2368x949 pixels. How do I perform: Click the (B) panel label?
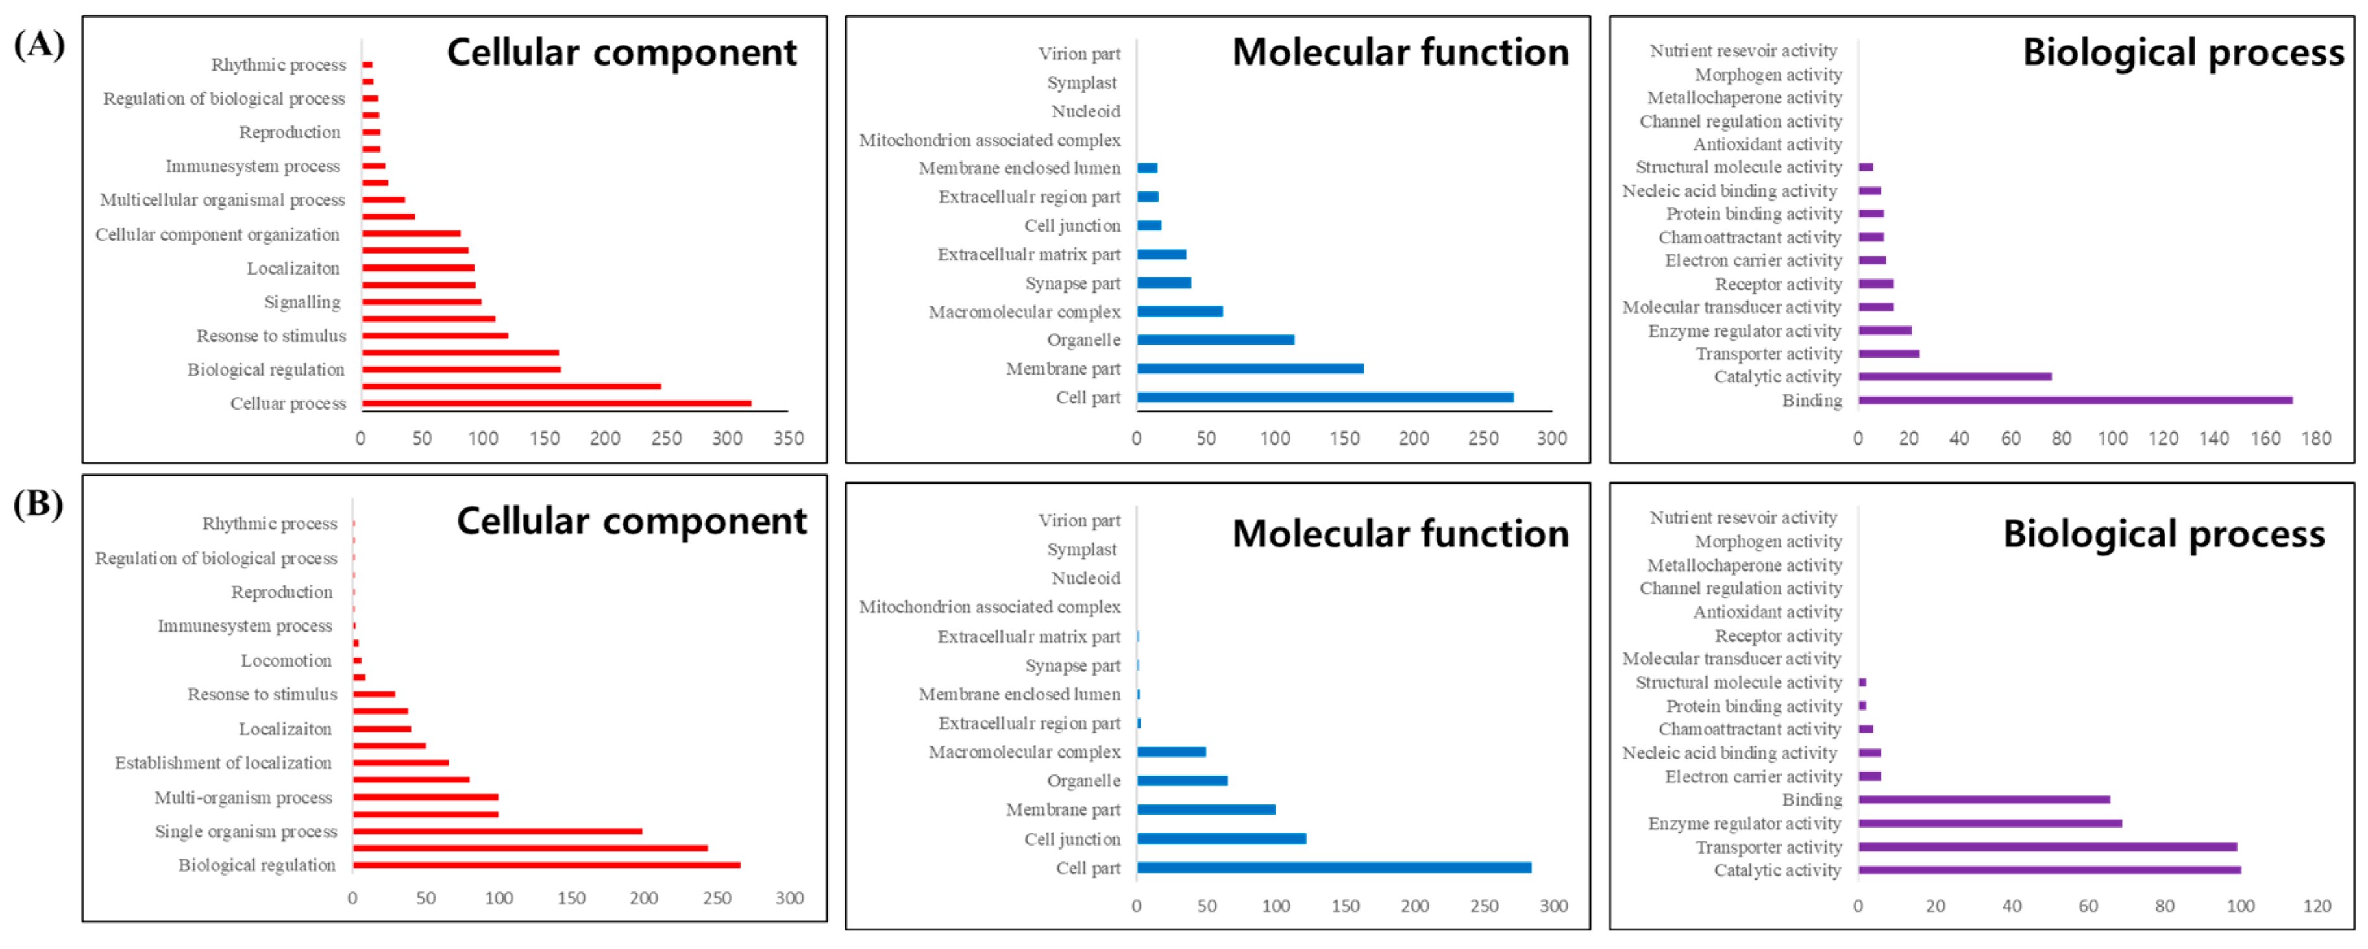(38, 504)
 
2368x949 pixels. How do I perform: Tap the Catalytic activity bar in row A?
(1955, 376)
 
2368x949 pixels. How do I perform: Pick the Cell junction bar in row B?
(1221, 839)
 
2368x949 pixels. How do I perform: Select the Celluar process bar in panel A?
(556, 402)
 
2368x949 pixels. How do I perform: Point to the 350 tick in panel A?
(788, 439)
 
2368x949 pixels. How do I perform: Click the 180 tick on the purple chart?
(2315, 439)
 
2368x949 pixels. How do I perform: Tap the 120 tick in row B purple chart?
(2317, 906)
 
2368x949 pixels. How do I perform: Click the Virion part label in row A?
(1079, 53)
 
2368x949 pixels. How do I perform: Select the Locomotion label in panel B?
(286, 660)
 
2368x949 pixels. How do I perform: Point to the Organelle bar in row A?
(1215, 339)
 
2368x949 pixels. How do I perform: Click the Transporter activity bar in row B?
(2047, 846)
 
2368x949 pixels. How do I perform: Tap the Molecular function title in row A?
(1400, 53)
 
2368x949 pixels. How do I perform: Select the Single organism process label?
(245, 832)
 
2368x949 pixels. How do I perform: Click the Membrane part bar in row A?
(1250, 368)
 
